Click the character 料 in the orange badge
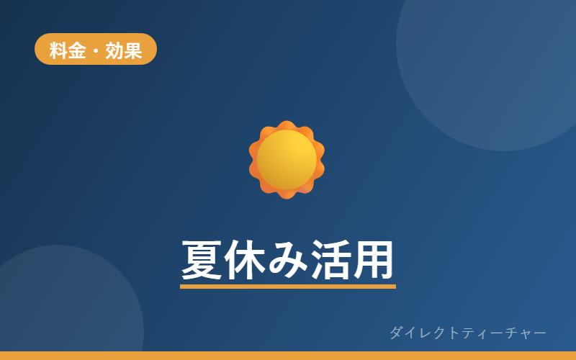58,50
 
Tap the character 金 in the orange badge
77,50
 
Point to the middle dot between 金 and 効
96,50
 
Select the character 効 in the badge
114,50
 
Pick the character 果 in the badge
133,50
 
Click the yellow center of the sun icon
287,160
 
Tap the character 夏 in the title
202,260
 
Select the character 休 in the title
245,260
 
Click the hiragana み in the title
287,260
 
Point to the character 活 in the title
330,260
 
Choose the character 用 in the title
373,260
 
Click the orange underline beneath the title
288,287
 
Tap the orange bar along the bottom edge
288,356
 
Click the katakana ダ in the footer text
397,333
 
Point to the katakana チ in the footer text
511,333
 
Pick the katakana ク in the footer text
439,333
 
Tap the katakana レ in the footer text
426,333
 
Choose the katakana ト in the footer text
454,333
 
